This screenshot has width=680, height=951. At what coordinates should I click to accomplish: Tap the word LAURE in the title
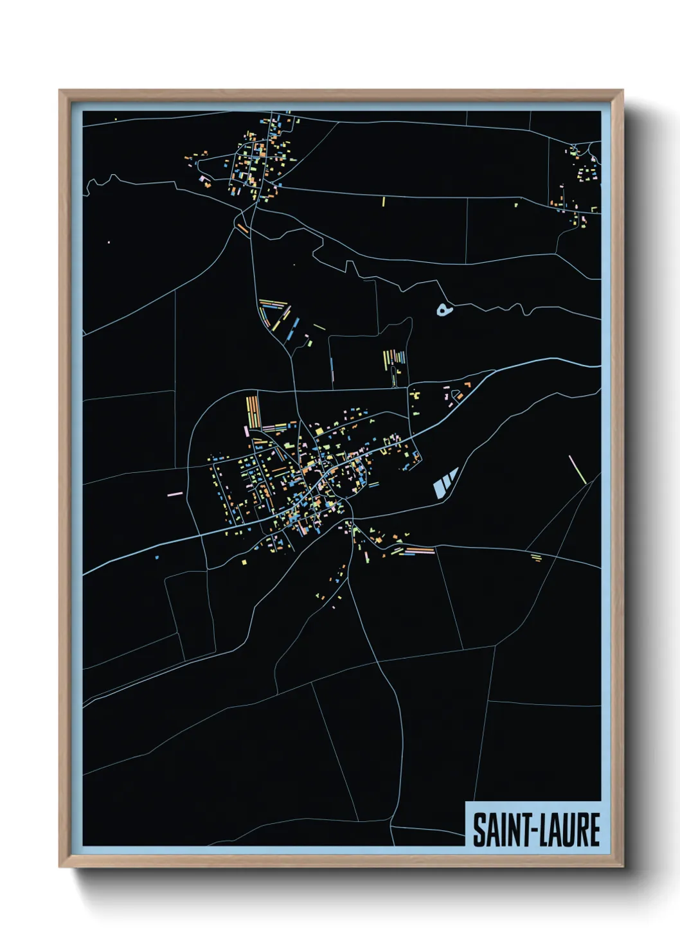coord(569,830)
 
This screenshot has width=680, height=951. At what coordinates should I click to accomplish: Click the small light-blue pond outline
coord(444,311)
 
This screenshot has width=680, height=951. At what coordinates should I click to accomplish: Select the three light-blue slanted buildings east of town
coord(445,483)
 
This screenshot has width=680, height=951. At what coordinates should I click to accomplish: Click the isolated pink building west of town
coord(175,493)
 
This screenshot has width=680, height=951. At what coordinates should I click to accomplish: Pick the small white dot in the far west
coord(109,242)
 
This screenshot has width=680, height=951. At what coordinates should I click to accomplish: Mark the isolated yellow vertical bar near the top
coord(383,201)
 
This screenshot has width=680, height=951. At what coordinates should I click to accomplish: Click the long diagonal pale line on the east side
coord(577,470)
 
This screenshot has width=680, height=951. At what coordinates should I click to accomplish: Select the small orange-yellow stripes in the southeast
coord(535,557)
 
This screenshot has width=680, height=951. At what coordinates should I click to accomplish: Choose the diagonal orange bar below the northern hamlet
coord(242,227)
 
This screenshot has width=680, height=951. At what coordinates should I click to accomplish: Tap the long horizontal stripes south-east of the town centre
coord(416,550)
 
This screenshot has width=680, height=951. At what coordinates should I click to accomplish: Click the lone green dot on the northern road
coord(515,206)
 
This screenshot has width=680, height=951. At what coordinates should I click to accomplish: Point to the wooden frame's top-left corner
coord(60,91)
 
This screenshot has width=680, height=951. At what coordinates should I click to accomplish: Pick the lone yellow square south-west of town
coord(244,563)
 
